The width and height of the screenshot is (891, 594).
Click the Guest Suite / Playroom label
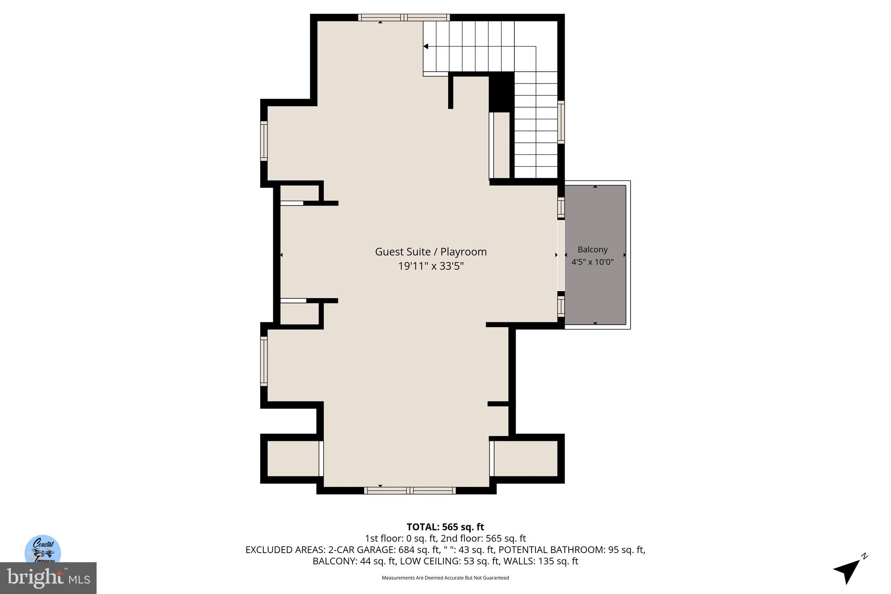pos(431,252)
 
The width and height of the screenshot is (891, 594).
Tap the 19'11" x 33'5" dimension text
pos(431,266)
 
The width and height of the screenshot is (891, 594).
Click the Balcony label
pos(592,249)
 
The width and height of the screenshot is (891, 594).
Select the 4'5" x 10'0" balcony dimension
pos(592,262)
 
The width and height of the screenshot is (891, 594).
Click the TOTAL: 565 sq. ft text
pos(445,527)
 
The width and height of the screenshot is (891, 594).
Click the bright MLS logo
pos(48,578)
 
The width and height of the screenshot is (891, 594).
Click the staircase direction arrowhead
pos(426,46)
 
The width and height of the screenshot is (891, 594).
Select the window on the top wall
pos(404,17)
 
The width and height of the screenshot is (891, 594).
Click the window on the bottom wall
pos(409,490)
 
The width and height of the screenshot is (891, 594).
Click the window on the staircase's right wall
pos(561,122)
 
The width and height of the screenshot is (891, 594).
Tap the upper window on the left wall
pos(264,141)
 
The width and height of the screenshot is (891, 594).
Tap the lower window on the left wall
pos(264,361)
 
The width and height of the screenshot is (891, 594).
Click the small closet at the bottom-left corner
pos(293,458)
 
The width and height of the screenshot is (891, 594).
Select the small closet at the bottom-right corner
pos(526,458)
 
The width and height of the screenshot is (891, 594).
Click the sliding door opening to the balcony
pos(561,255)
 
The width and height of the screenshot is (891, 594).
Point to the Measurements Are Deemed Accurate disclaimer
pos(445,578)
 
